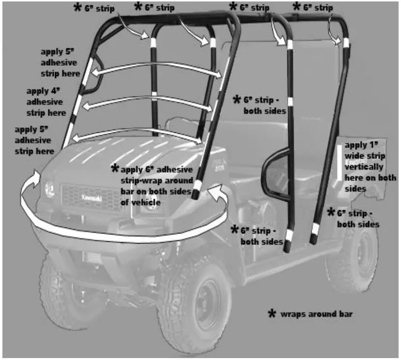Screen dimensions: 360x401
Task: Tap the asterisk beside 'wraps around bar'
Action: click(x=272, y=313)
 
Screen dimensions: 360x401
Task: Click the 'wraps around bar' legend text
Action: click(x=317, y=314)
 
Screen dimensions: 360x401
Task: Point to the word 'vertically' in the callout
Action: click(x=364, y=167)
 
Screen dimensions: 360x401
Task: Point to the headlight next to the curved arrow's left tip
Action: click(x=49, y=187)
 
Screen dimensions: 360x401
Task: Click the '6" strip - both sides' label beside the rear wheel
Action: click(x=358, y=218)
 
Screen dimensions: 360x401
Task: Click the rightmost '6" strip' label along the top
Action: click(x=317, y=7)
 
